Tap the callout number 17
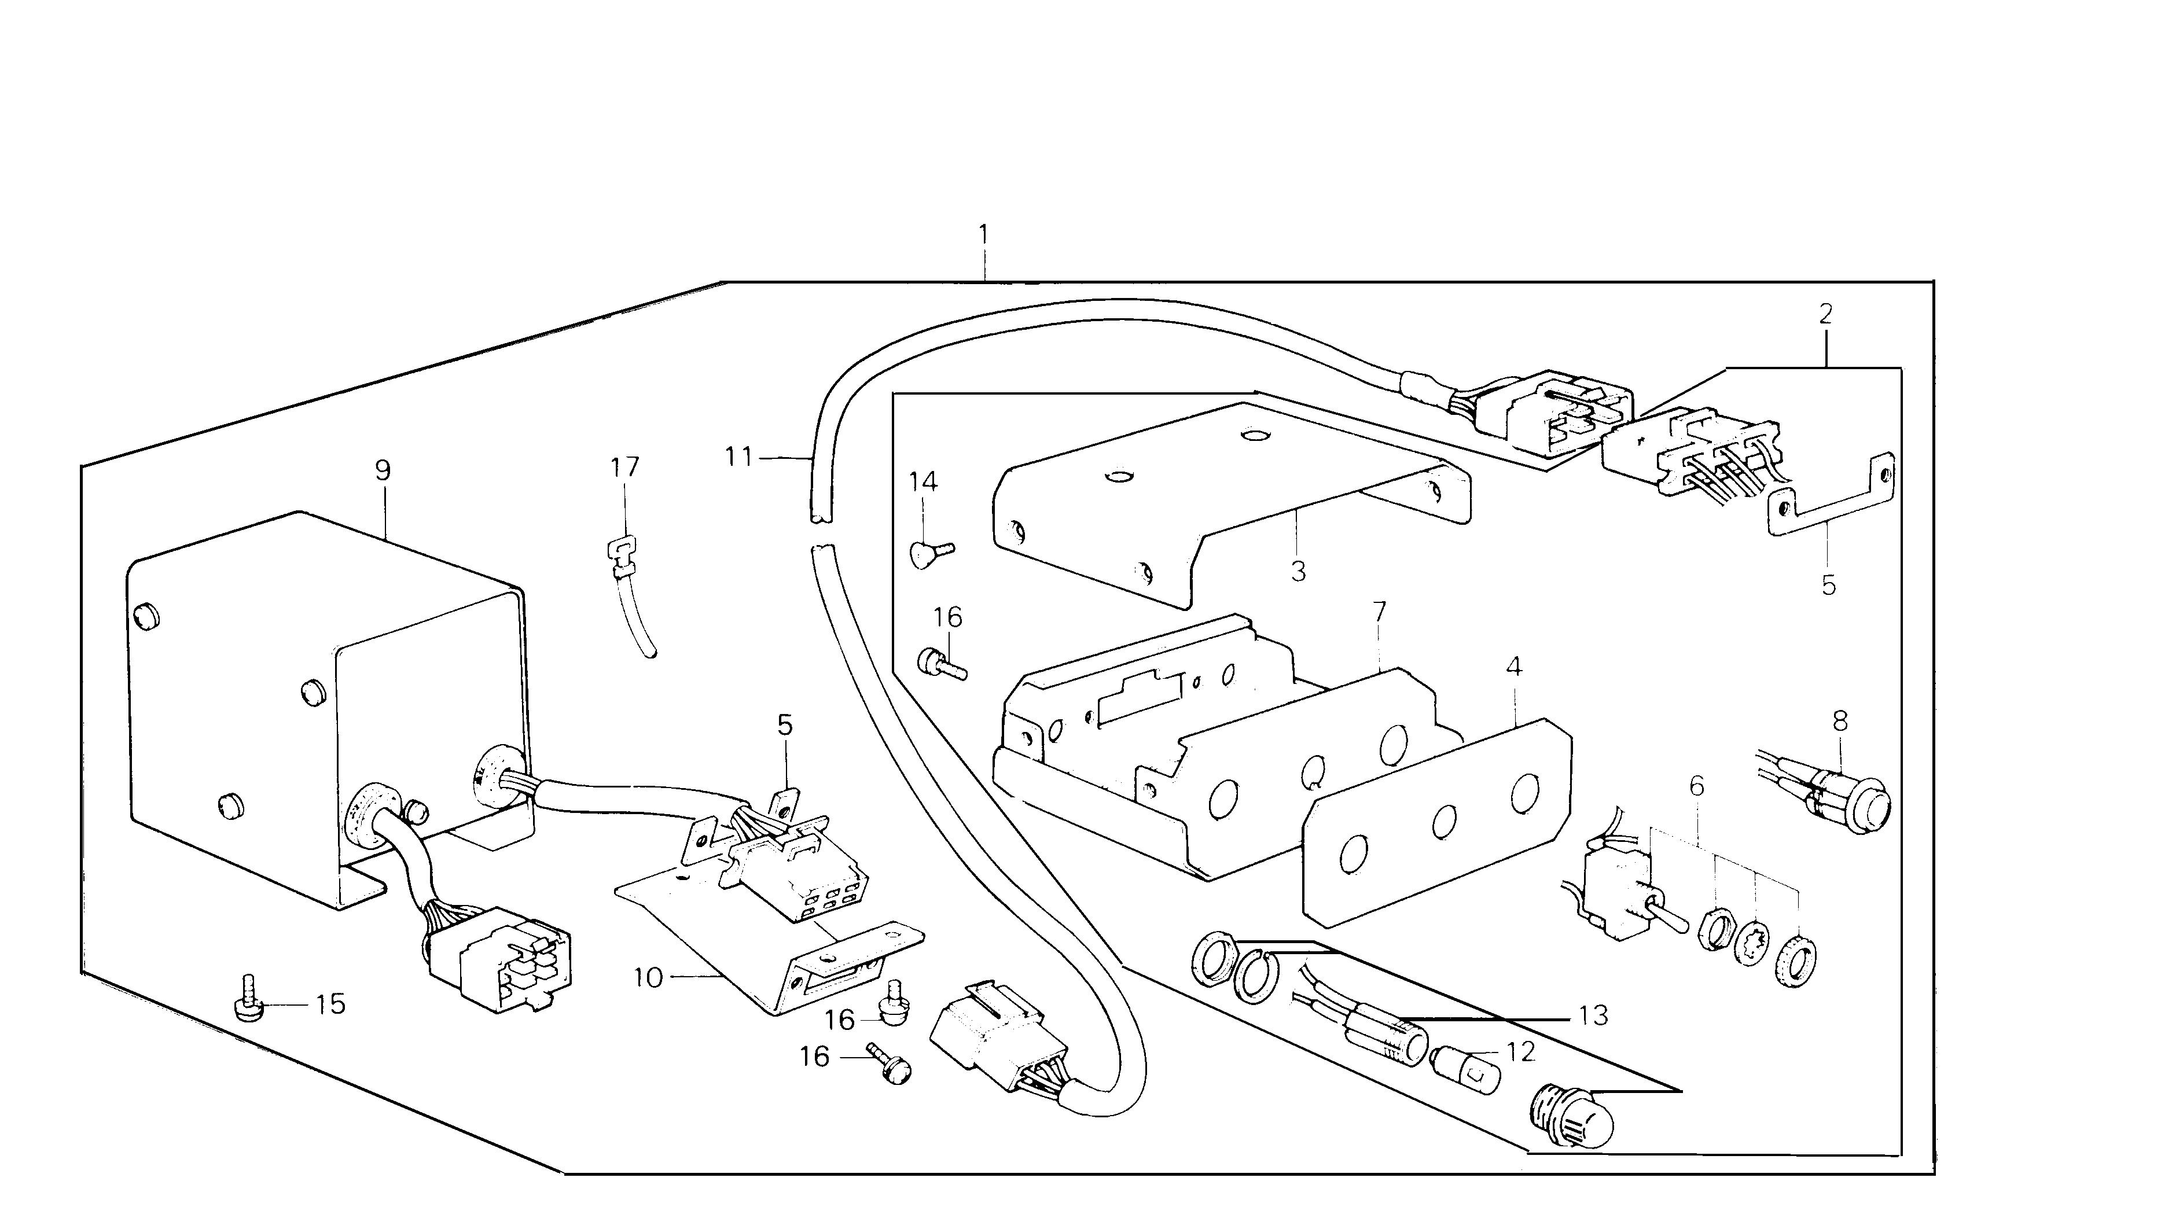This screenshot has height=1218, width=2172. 625,467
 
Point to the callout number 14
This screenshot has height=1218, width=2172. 923,482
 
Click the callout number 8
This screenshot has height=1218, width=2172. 1840,722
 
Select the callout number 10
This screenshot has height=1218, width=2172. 648,978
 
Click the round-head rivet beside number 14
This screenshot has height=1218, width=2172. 925,553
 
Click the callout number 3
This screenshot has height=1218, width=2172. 1299,572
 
